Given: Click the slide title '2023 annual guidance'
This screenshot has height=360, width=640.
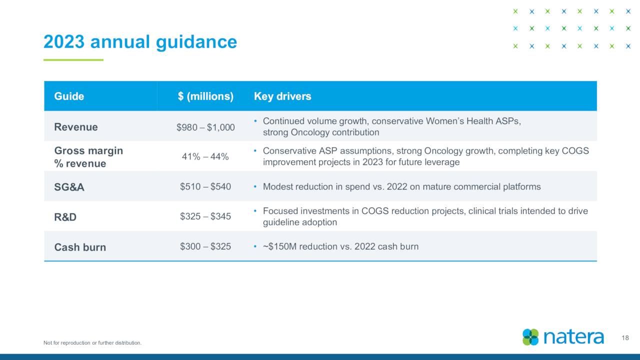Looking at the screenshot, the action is (x=140, y=42).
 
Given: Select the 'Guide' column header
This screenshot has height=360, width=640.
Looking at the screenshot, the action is (x=69, y=96).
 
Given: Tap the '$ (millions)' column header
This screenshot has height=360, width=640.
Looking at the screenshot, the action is (x=205, y=96).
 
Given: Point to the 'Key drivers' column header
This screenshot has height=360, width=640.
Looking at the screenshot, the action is (x=282, y=96).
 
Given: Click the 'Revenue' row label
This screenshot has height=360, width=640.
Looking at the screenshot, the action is (x=76, y=127).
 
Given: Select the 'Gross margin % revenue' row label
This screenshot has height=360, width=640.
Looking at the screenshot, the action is (x=88, y=157).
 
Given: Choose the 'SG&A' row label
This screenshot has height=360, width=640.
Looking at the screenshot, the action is (x=69, y=187).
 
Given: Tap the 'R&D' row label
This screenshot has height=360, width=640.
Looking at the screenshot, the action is (x=65, y=217).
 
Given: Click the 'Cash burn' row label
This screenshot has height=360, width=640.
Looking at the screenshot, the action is (x=80, y=247).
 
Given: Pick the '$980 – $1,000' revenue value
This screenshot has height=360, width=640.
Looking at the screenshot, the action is (x=205, y=127).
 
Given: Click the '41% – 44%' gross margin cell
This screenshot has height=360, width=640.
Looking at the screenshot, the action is (x=205, y=156).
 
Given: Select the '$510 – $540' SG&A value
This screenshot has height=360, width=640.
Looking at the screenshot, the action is (x=205, y=186).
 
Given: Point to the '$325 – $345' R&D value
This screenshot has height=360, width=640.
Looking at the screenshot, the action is (x=205, y=216).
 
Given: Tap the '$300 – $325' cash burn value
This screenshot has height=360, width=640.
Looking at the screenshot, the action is (x=205, y=246).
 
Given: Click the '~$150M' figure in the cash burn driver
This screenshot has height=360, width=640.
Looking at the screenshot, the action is (x=279, y=246).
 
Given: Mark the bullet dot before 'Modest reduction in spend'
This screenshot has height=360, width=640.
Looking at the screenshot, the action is (x=255, y=186).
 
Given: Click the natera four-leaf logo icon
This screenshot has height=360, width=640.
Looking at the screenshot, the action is (x=530, y=337).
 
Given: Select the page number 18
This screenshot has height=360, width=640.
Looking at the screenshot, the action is (x=625, y=338).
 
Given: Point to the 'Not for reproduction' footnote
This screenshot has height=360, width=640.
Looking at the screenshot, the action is (x=92, y=343).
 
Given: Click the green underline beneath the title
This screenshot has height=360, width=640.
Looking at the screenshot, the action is (x=73, y=60).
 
